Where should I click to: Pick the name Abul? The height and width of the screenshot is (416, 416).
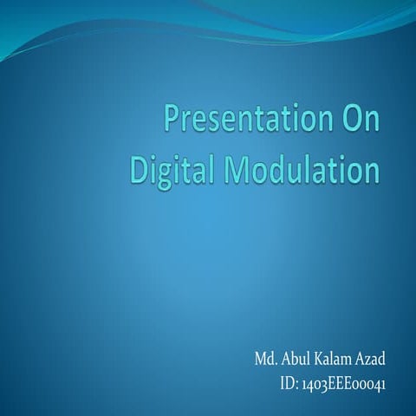295,358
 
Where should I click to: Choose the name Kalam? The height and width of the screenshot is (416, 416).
334,358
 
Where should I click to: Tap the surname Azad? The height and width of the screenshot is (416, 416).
370,358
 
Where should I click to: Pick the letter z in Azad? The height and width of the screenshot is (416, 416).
368,360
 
